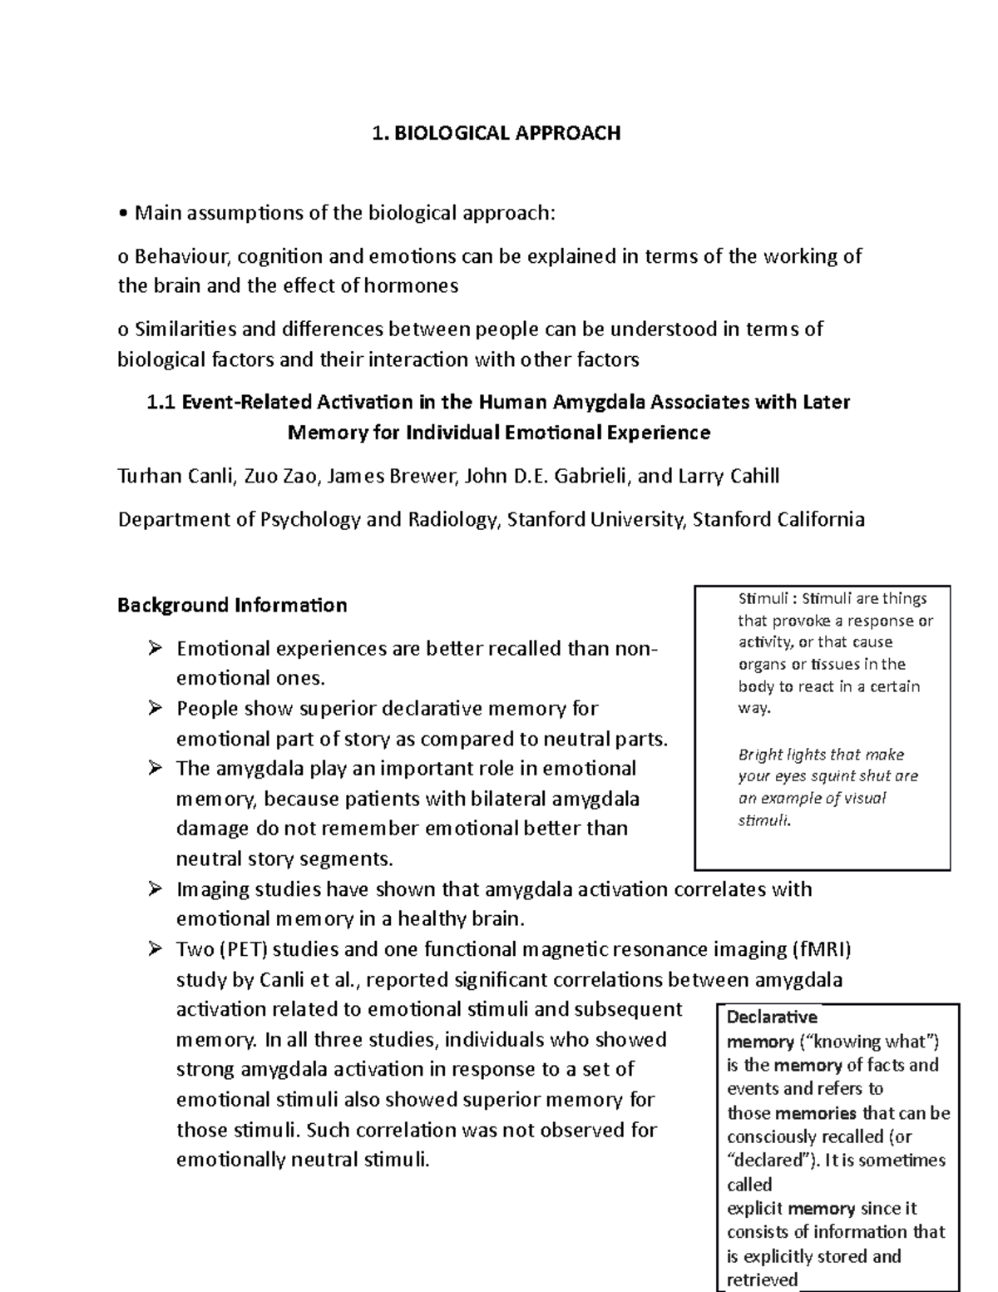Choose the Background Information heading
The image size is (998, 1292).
pos(232,605)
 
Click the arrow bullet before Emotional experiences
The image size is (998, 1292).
pos(155,647)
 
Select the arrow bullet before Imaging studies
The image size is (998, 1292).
pos(155,889)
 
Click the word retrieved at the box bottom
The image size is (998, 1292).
pos(762,1280)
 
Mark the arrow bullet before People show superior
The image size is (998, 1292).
pos(155,708)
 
